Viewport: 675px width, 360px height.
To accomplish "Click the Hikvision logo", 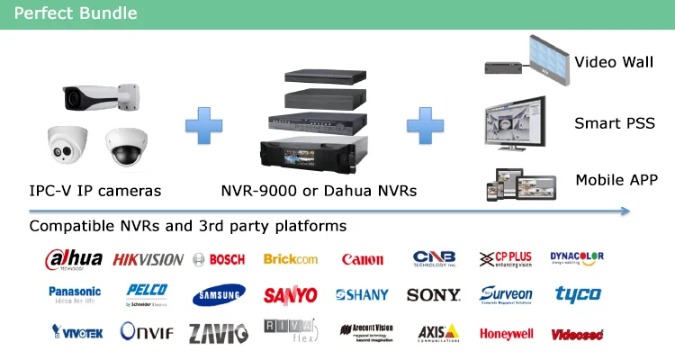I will coord(148,259).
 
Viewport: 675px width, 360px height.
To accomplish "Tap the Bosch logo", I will coord(218,259).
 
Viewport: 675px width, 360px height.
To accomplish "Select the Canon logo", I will coord(362,259).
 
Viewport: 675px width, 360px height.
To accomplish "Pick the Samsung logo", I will coord(218,295).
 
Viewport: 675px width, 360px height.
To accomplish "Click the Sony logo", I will coord(434,294).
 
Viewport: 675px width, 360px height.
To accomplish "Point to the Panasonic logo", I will coord(75,294).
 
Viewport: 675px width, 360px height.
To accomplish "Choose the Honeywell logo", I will coord(506,333).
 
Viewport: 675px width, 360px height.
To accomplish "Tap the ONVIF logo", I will coord(147,332).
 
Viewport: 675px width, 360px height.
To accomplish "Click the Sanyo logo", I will coord(290,295).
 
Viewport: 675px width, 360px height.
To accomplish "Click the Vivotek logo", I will coord(76,332).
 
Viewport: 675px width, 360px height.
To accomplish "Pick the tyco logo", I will coord(578,294).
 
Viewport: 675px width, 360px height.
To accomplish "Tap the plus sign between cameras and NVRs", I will coord(203,125).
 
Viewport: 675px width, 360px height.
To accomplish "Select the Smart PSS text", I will coord(615,123).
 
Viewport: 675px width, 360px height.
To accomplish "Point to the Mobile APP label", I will coord(616,180).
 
